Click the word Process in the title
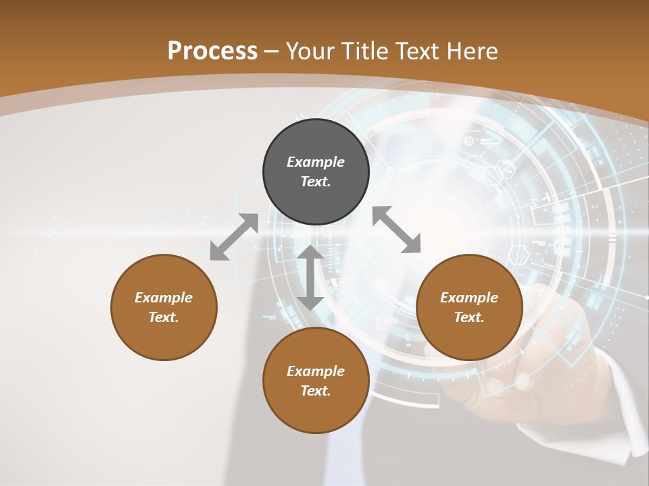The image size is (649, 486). (x=212, y=51)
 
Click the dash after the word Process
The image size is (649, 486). (x=272, y=52)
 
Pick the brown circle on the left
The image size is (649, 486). (x=164, y=307)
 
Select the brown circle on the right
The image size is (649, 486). (x=469, y=307)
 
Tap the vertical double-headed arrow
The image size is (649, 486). (x=310, y=277)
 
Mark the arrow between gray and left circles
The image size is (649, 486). (x=234, y=236)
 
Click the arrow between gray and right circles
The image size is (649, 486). (x=397, y=230)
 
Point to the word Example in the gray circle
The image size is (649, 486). (x=316, y=162)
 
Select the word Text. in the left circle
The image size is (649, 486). (x=164, y=317)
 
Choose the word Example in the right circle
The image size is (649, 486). (x=469, y=298)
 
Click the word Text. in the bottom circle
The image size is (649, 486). (x=316, y=391)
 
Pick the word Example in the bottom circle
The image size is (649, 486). (x=316, y=371)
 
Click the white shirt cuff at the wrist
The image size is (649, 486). (x=625, y=405)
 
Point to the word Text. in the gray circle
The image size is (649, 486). (x=316, y=182)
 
